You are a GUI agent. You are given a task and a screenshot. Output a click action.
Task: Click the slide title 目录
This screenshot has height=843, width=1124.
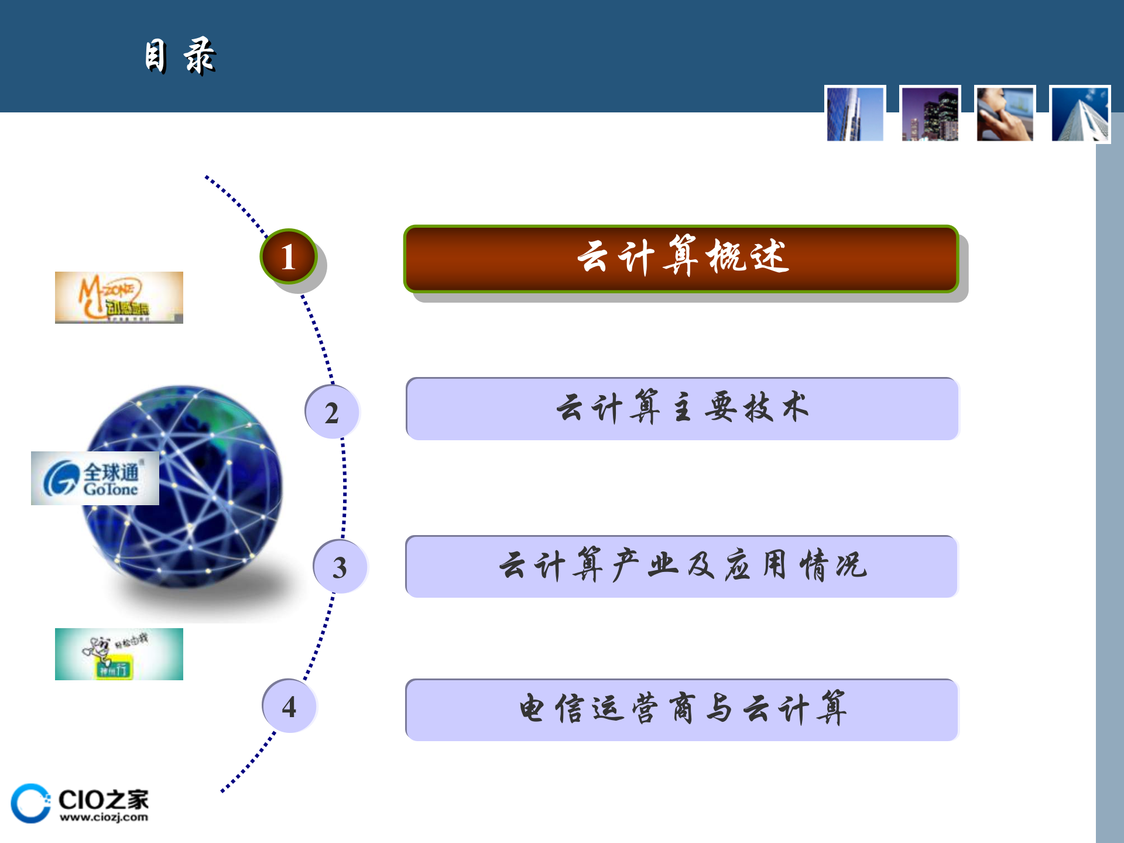180,57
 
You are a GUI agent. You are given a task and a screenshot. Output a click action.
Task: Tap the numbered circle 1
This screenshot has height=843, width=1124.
288,256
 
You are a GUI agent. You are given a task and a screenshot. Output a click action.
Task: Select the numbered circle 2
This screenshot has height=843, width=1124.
332,412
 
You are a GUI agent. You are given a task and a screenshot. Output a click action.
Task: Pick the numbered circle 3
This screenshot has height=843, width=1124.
340,567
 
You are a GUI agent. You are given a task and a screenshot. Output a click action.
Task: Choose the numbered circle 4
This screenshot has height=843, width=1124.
289,706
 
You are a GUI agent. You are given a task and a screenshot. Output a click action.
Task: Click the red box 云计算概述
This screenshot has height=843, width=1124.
681,258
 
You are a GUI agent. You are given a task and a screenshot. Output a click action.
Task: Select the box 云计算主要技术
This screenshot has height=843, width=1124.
682,409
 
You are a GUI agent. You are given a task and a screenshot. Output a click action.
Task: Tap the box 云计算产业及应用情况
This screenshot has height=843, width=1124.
682,567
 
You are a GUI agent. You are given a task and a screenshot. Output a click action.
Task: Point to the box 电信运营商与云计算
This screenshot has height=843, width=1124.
682,710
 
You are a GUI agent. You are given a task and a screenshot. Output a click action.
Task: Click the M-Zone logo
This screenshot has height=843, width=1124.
119,297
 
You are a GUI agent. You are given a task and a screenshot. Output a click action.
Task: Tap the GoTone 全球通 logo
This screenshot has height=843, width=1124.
95,478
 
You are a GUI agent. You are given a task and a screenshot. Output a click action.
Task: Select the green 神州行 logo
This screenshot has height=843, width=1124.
119,654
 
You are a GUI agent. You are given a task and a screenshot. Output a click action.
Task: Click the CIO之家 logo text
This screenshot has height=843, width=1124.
104,799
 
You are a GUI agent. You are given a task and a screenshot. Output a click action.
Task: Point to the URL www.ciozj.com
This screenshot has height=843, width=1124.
104,817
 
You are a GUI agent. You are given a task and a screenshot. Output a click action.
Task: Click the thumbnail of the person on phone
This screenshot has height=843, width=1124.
1005,114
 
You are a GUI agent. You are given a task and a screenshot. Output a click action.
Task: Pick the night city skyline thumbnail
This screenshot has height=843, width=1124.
930,114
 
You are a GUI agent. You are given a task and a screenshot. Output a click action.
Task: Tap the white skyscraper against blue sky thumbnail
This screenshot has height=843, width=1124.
1080,114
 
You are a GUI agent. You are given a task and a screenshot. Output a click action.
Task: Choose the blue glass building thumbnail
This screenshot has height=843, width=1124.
855,114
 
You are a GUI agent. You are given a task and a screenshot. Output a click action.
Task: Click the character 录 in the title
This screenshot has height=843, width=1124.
200,57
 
